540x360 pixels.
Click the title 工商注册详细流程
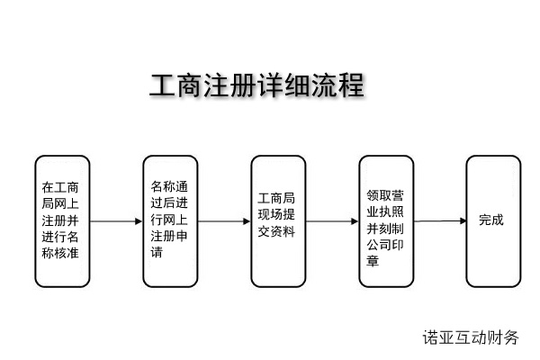tap(256, 86)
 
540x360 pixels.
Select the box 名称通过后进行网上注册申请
tap(169, 220)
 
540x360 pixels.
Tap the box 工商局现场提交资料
tap(277, 220)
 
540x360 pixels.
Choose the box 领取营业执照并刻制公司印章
tap(385, 220)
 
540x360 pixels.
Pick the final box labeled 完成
tap(492, 220)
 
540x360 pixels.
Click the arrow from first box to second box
tap(116, 221)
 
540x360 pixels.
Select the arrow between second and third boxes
tap(224, 221)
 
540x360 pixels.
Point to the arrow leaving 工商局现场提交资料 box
tap(332, 221)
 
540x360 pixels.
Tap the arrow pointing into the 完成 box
tap(440, 220)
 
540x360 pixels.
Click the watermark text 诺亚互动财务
tap(471, 338)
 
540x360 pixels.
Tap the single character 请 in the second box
tap(157, 254)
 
